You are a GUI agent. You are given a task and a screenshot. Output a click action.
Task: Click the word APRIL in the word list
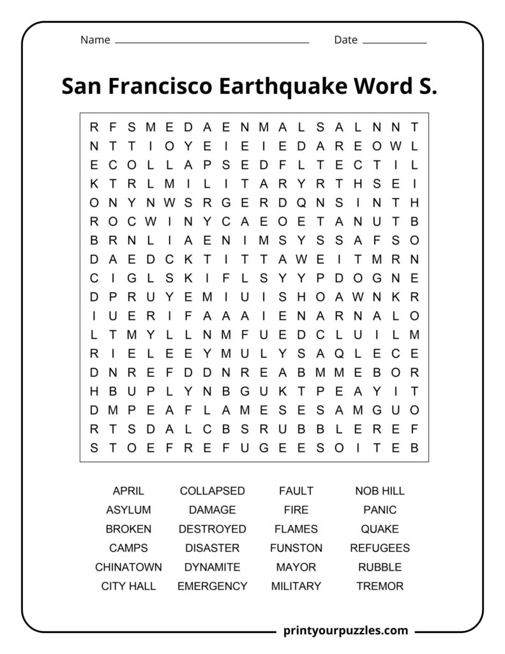(128, 491)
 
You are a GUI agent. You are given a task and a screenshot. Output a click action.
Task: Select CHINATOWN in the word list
(128, 567)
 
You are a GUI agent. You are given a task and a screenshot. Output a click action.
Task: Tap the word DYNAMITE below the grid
(212, 567)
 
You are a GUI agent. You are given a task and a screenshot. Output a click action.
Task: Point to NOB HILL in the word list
(379, 491)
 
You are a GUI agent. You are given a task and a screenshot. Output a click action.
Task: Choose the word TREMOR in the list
(379, 586)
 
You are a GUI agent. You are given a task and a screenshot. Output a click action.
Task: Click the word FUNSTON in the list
(296, 548)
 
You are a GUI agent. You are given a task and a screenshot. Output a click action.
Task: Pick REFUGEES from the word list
(379, 548)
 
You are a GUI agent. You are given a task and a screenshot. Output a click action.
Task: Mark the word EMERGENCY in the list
(212, 586)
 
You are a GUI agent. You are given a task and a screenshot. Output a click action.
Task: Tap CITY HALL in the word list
(128, 586)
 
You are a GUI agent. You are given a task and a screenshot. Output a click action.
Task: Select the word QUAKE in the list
(379, 529)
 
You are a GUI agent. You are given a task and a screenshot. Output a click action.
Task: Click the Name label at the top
(95, 40)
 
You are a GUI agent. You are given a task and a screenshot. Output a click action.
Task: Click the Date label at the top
(345, 40)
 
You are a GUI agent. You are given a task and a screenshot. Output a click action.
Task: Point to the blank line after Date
(394, 43)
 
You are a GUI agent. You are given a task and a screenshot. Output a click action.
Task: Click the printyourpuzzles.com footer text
(345, 630)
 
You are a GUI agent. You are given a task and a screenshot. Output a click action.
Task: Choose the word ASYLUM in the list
(128, 510)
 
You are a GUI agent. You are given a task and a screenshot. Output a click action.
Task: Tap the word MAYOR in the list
(296, 567)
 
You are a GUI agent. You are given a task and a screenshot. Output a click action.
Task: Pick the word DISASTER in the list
(212, 548)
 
